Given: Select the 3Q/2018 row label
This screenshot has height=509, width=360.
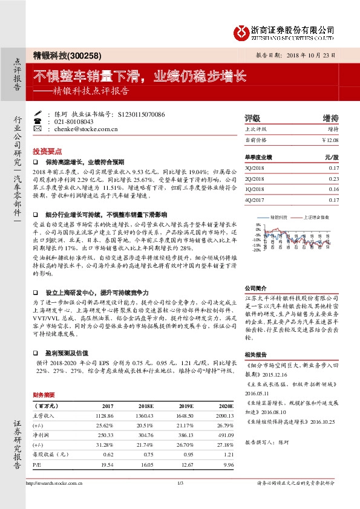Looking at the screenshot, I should click(x=256, y=167).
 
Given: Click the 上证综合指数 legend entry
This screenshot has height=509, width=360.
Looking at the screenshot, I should click(x=316, y=216).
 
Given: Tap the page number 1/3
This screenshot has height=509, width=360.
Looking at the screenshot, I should click(x=180, y=483).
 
